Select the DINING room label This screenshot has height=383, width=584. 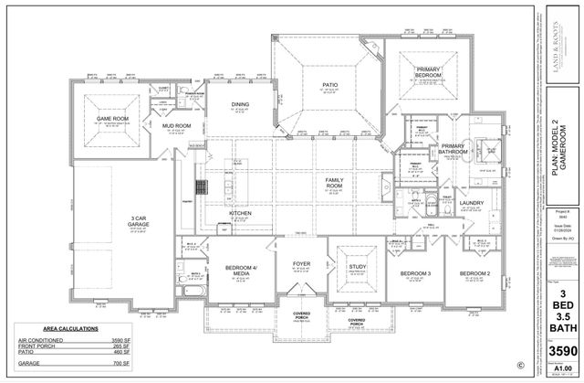(x=240, y=104)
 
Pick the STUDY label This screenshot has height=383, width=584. (x=357, y=266)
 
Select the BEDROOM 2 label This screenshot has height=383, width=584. (x=475, y=273)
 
